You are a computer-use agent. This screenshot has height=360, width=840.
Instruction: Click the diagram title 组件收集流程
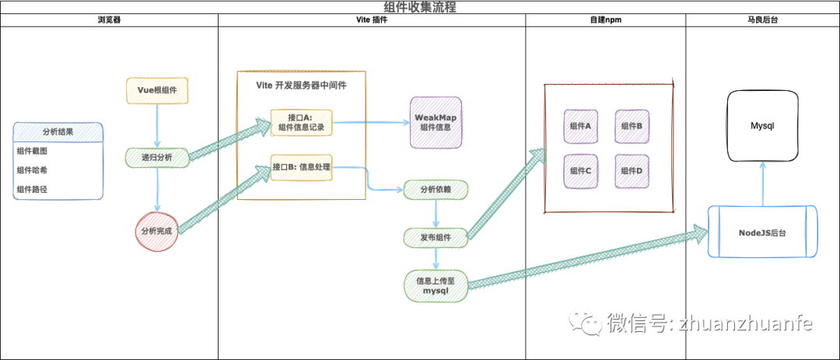[x=419, y=7]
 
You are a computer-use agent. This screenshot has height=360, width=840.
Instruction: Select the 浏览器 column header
[x=109, y=20]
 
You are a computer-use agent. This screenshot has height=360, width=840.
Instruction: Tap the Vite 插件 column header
[x=371, y=20]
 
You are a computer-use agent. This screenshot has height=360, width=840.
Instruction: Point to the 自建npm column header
[x=605, y=20]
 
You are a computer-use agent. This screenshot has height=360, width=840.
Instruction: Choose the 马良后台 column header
[x=762, y=20]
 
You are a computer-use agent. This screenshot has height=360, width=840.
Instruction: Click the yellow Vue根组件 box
[x=157, y=90]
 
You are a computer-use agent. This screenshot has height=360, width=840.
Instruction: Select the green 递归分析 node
[x=157, y=158]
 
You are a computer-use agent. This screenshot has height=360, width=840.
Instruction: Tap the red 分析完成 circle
[x=156, y=231]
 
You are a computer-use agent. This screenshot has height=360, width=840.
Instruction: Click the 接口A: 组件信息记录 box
[x=301, y=123]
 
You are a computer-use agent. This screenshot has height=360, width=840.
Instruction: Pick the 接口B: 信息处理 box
[x=301, y=166]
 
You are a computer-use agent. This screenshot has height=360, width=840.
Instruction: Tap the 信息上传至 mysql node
[x=436, y=285]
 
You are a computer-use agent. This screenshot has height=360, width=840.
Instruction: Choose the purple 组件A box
[x=580, y=126]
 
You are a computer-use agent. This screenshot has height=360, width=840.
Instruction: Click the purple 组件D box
[x=632, y=171]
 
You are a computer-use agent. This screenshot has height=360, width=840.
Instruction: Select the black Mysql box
[x=762, y=125]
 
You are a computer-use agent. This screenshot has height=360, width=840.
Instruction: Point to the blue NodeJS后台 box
[x=762, y=232]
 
